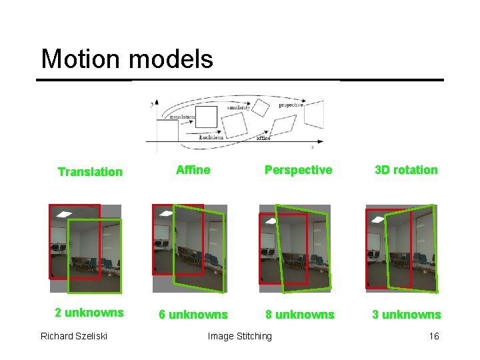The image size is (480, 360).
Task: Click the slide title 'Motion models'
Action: click(x=127, y=59)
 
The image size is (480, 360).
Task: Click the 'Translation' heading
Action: click(x=90, y=172)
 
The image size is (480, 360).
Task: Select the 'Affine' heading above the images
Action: click(x=193, y=170)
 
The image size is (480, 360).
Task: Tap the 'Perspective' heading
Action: click(x=298, y=170)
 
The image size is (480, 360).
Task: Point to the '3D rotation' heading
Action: click(x=406, y=170)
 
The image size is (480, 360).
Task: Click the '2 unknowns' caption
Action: click(x=89, y=313)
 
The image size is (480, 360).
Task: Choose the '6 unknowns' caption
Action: click(x=192, y=315)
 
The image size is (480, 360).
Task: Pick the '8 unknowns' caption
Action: click(x=299, y=315)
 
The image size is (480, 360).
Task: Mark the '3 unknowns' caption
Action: click(x=406, y=315)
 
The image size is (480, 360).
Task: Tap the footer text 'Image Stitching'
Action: click(x=240, y=336)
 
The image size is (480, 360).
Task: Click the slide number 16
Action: click(x=434, y=336)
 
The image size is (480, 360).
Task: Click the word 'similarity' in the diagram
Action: click(x=238, y=107)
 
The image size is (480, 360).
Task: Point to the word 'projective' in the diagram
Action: click(x=291, y=105)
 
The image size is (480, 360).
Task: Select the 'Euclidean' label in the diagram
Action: click(x=212, y=137)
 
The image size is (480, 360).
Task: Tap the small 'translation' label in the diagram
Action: click(x=182, y=117)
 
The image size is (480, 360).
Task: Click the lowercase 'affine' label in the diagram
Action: click(x=263, y=139)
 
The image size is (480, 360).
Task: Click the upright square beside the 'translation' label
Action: click(x=206, y=117)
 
